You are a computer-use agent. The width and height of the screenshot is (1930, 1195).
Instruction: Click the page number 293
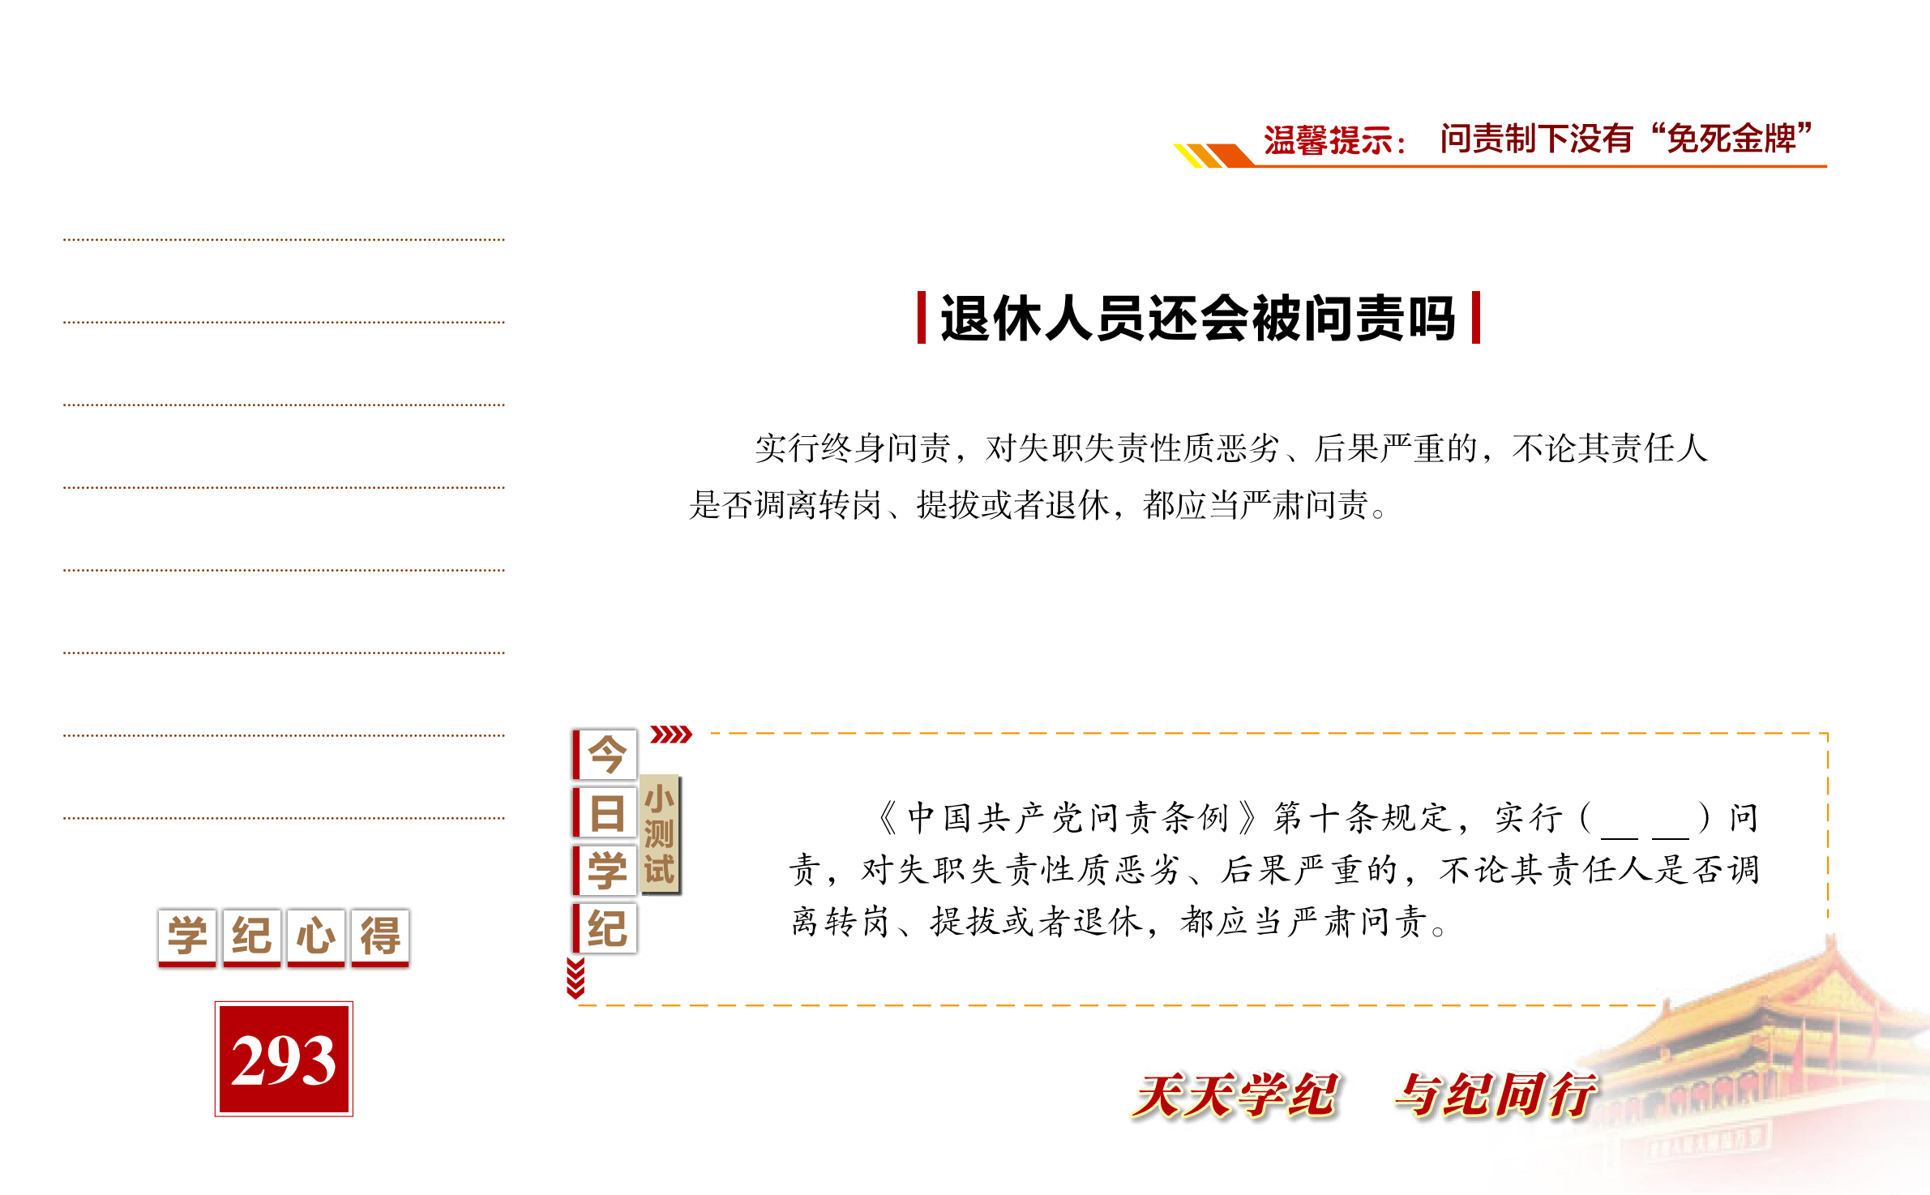(x=284, y=1059)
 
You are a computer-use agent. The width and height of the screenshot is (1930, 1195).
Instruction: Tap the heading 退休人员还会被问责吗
(x=1198, y=318)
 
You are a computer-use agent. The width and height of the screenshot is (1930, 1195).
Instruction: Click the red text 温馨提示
(x=1328, y=140)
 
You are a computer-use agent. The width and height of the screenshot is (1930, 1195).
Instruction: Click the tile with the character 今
(x=605, y=754)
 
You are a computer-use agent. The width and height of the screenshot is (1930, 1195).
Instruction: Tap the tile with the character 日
(x=605, y=812)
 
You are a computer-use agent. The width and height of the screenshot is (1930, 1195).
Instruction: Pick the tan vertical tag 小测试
(x=660, y=834)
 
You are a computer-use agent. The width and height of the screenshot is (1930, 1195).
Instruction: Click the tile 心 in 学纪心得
(x=316, y=937)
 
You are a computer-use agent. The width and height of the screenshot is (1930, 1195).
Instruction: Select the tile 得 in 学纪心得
(x=380, y=937)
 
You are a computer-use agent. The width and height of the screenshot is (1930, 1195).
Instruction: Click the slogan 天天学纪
(x=1235, y=1095)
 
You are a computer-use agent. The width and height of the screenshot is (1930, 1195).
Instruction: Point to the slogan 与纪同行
(x=1496, y=1095)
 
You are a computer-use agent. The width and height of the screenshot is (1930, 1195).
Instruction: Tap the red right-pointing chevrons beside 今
(x=671, y=735)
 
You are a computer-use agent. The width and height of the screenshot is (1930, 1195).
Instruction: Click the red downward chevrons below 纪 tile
(x=576, y=978)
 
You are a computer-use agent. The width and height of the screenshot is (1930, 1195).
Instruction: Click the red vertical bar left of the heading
(x=922, y=318)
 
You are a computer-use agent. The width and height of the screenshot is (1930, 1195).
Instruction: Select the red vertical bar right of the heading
(x=1475, y=318)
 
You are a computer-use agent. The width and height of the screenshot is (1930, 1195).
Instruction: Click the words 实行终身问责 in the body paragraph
(x=853, y=448)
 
